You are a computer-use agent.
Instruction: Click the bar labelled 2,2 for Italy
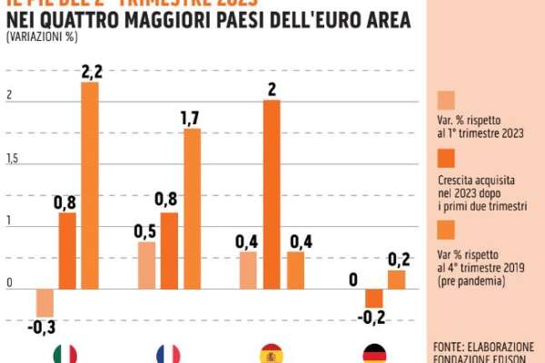click(90, 186)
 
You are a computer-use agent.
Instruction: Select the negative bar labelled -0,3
click(45, 302)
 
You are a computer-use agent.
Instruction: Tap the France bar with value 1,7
click(192, 209)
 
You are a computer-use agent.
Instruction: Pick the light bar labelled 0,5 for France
click(147, 266)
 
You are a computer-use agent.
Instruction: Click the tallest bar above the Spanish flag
click(272, 194)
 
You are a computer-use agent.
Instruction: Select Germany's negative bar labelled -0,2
click(373, 299)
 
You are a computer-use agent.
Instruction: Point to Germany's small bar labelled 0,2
click(396, 280)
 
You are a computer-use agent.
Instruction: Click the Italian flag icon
click(65, 354)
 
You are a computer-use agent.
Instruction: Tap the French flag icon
click(168, 354)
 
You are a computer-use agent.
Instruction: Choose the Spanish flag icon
click(272, 354)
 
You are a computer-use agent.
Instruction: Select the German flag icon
click(374, 354)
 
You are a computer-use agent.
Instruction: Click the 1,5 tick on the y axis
click(12, 160)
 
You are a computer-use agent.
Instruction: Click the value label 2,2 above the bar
click(91, 71)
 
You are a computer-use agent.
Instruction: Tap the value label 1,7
click(192, 117)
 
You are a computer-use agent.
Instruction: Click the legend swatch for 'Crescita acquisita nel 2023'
click(446, 164)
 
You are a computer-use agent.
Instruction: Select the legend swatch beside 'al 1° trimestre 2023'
click(446, 100)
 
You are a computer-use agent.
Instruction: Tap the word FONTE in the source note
click(451, 347)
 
